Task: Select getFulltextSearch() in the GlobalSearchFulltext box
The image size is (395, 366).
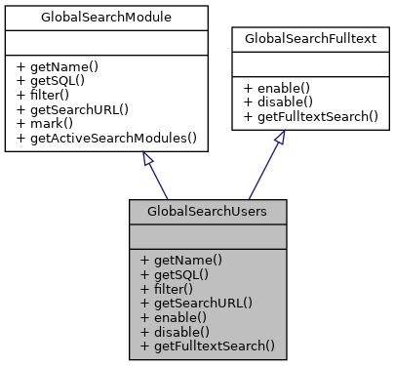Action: pyautogui.click(x=311, y=115)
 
